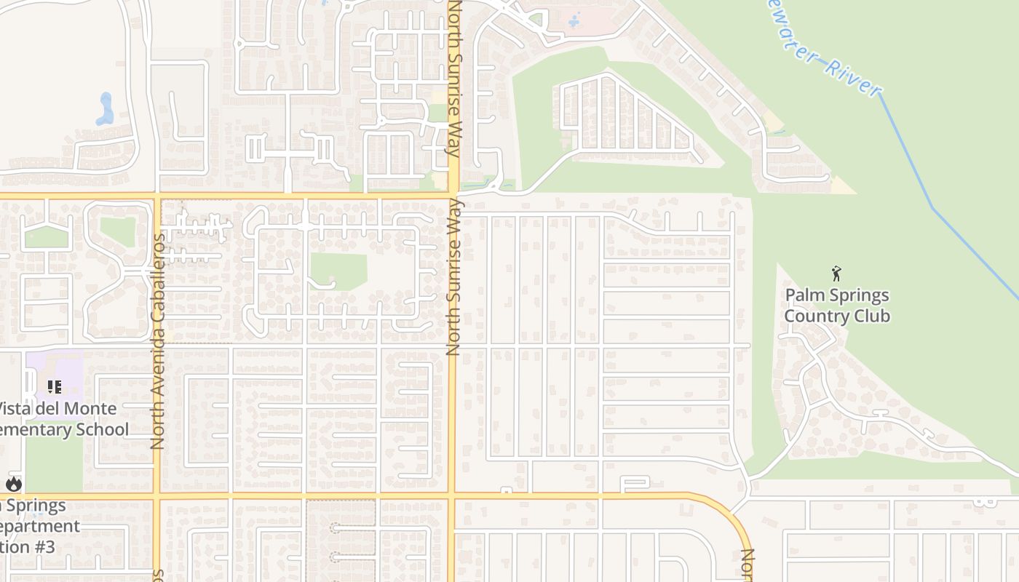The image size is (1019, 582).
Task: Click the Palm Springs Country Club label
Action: pos(837,306)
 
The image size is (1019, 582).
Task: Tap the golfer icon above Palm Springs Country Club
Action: pos(836,274)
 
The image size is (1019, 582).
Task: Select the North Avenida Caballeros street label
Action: pos(158,340)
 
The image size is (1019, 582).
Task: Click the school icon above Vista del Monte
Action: pos(55,387)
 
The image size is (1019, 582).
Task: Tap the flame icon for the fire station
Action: pos(14,484)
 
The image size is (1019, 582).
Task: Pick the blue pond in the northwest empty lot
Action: pos(106,109)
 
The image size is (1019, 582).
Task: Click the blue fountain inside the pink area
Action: pos(574,20)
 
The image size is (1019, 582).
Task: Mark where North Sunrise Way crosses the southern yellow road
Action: pos(453,497)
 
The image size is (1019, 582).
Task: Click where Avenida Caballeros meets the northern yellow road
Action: pos(156,196)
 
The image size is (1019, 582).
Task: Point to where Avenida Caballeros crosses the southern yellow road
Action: pos(156,497)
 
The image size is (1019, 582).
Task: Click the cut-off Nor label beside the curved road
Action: pos(748,565)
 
